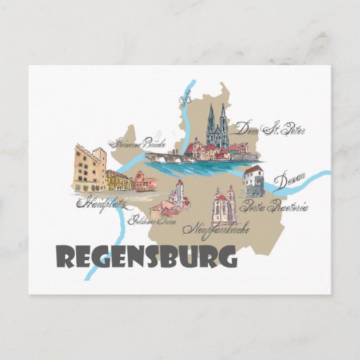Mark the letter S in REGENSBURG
click(156, 257)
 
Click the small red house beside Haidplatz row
click(144, 181)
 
